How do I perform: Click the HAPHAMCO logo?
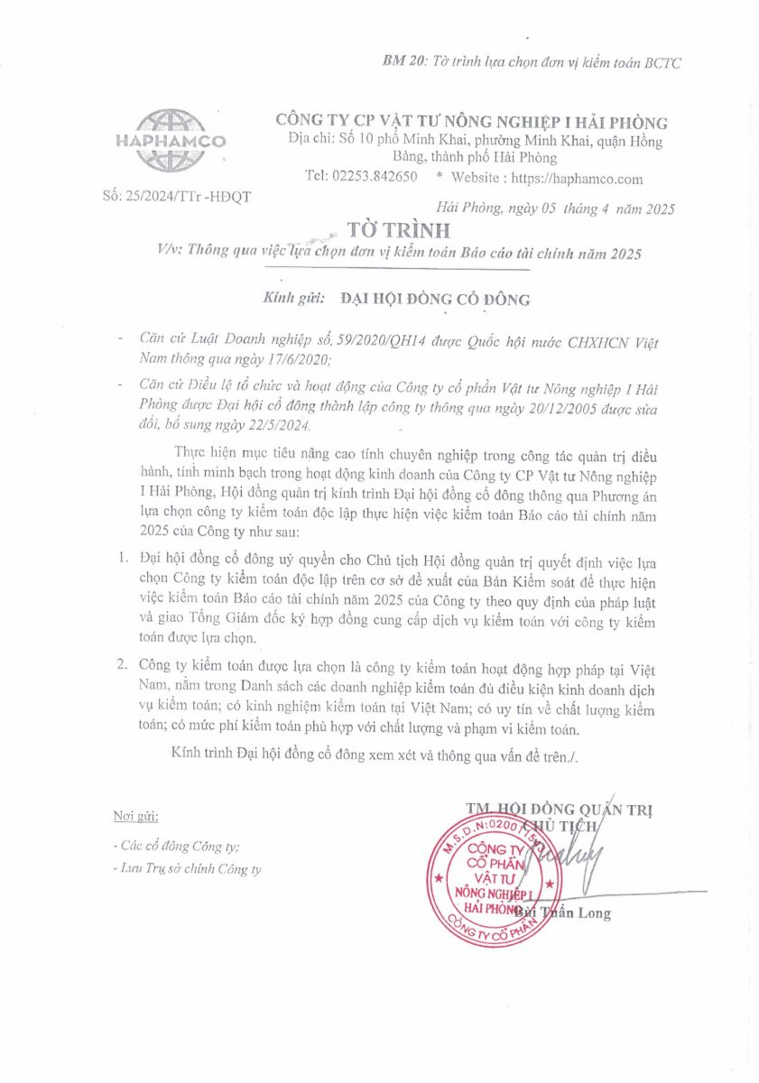point(171,141)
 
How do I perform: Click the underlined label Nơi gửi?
point(136,817)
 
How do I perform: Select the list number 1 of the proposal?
point(123,562)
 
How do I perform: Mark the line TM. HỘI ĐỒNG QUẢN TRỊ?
point(560,809)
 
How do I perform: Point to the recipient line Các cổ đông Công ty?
point(176,847)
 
